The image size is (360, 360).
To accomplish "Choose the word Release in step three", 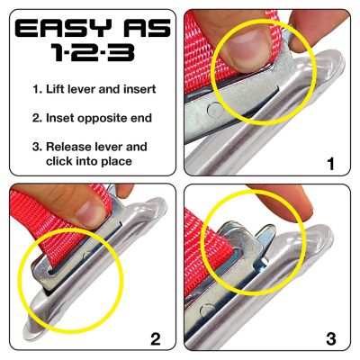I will click(75, 146).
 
